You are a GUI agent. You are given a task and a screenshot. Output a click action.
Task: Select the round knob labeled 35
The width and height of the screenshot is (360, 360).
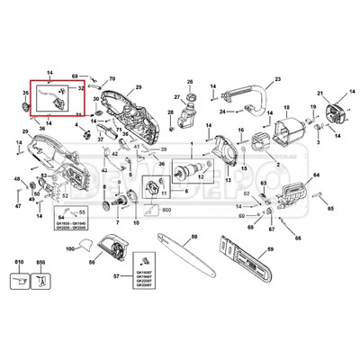pyautogui.click(x=26, y=110)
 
